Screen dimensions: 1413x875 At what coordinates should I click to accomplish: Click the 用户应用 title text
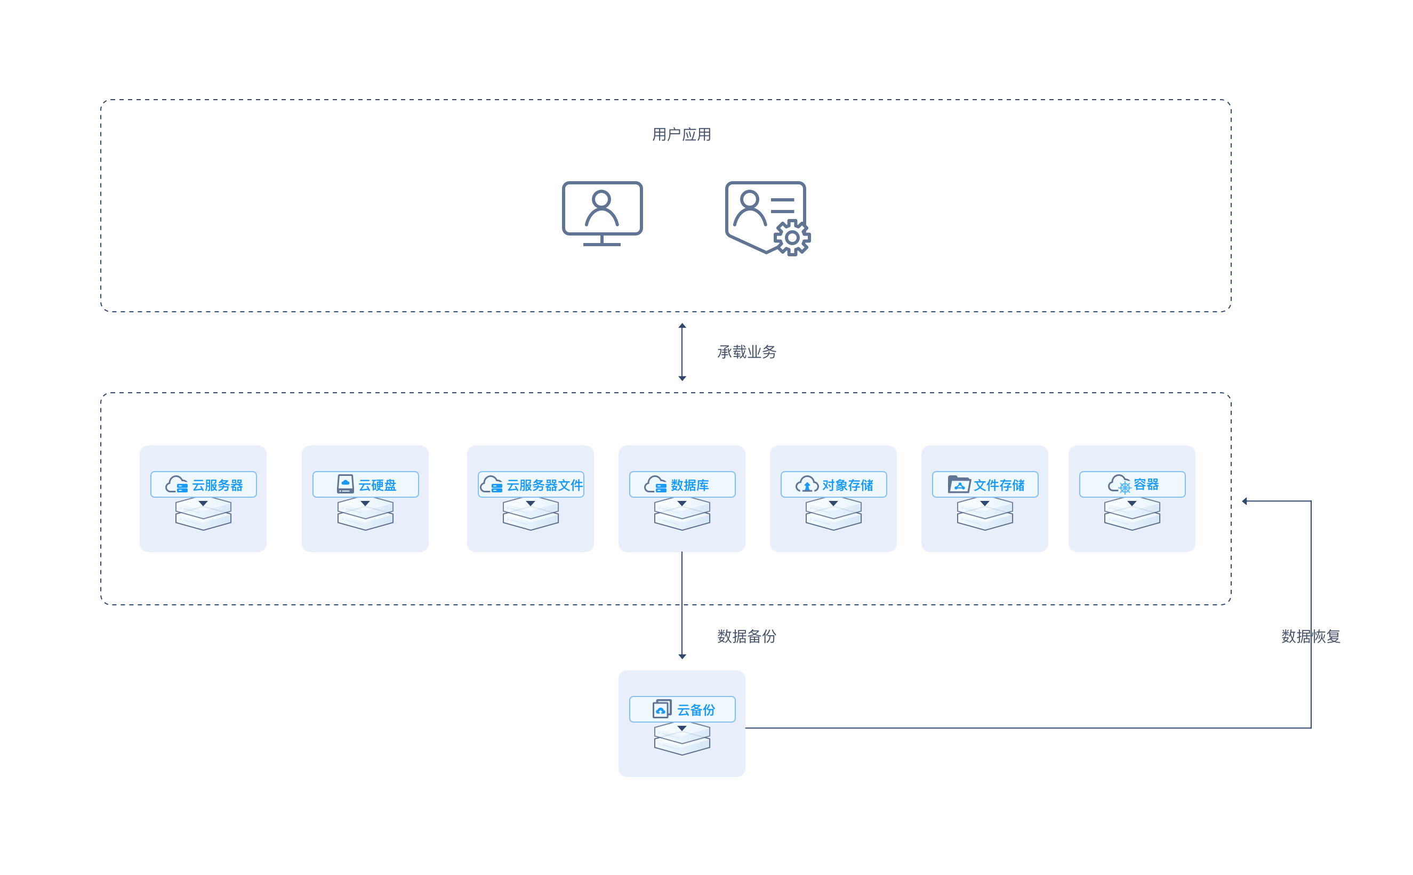coord(681,134)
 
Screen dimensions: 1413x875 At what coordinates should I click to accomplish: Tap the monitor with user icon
coord(602,214)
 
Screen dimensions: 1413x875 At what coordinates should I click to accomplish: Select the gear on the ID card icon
coord(792,237)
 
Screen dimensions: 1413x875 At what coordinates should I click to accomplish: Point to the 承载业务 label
coord(746,352)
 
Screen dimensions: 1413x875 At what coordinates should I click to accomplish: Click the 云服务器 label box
coord(203,484)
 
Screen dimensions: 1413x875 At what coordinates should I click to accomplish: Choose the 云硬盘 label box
coord(365,484)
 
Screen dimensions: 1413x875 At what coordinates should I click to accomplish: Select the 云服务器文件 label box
coord(531,484)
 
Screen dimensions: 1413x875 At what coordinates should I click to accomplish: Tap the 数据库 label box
coord(682,484)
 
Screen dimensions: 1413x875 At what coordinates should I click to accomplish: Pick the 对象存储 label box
coord(833,484)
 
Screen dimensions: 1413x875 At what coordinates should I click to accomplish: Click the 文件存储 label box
coord(985,484)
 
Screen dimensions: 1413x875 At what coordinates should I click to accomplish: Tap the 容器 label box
coord(1131,484)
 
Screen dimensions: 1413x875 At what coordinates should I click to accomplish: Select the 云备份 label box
coord(682,709)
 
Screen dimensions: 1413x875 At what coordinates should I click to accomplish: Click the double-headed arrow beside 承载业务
coord(682,352)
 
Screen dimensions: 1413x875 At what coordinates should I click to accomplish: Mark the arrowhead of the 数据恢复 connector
coord(1244,501)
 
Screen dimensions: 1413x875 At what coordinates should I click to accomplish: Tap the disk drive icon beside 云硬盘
coord(345,484)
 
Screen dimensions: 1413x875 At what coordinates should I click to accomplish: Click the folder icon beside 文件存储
coord(959,484)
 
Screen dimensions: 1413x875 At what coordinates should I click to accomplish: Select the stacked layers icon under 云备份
coord(682,739)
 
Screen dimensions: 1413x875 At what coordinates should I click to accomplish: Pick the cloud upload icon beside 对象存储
coord(806,484)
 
